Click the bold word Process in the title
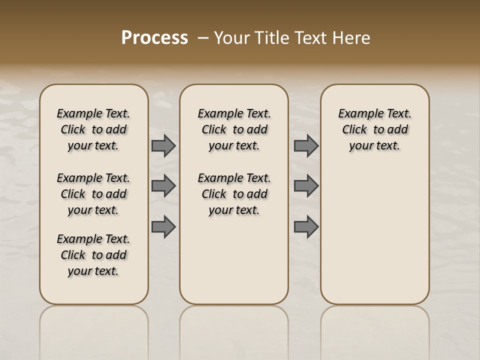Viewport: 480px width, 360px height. tap(154, 38)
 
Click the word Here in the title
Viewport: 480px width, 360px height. tap(352, 38)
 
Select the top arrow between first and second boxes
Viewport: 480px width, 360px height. tap(163, 145)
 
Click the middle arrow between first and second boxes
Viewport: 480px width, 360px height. tap(163, 186)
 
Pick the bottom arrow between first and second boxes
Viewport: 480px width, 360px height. tap(163, 226)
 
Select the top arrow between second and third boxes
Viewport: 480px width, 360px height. tap(306, 145)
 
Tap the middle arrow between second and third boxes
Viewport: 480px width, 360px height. tap(306, 186)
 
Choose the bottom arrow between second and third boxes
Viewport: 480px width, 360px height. tap(306, 226)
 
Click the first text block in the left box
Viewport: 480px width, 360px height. tap(93, 129)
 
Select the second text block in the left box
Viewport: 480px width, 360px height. tap(93, 194)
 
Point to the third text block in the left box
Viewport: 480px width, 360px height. tap(93, 255)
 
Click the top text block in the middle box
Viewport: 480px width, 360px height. tap(234, 129)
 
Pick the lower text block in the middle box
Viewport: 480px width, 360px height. tap(234, 194)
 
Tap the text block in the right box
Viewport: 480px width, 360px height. tap(374, 129)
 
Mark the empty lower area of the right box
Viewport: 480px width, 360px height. tap(374, 235)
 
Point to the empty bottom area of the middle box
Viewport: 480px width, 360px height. tap(234, 265)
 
